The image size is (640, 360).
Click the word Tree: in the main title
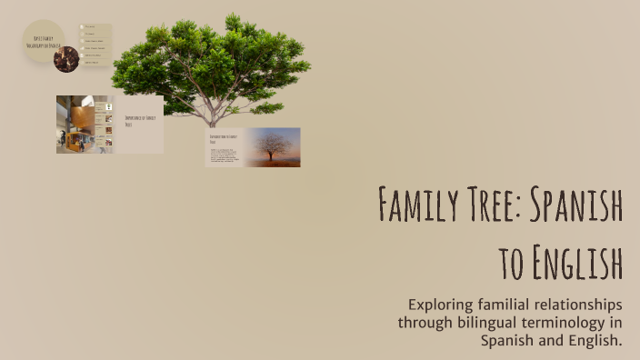pos(498,205)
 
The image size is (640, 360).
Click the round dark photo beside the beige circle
pos(65,59)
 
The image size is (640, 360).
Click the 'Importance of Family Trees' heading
pos(138,120)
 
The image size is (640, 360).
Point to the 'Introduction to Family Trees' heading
pos(224,139)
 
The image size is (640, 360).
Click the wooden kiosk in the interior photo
pos(81,120)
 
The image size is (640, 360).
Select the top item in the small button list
pos(95,27)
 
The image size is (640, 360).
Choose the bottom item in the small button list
pos(95,62)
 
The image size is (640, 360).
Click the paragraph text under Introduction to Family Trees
pos(224,155)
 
